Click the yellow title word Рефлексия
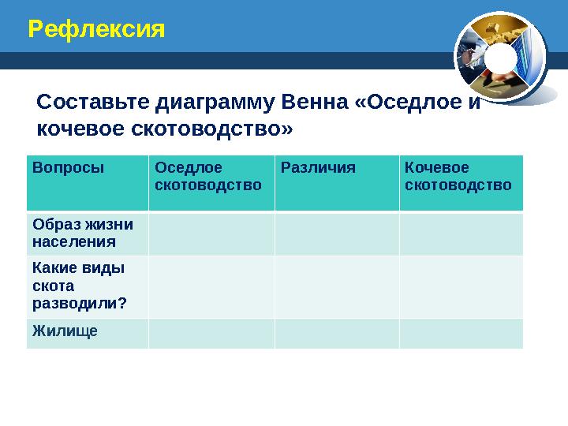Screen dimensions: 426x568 click(96, 30)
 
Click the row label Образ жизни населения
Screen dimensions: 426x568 click(83, 233)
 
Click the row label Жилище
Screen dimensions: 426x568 click(65, 331)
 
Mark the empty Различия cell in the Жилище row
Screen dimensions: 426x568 click(337, 333)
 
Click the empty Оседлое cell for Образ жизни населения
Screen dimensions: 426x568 click(211, 234)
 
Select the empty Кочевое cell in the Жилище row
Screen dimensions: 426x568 click(461, 333)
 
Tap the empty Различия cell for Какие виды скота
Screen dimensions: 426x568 click(337, 286)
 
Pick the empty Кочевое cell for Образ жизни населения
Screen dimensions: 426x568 click(461, 234)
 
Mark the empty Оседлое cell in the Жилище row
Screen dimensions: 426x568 click(211, 333)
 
